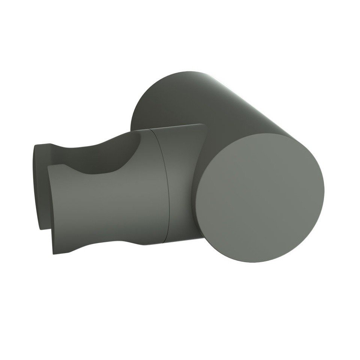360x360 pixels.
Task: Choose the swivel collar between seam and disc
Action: [184, 187]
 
